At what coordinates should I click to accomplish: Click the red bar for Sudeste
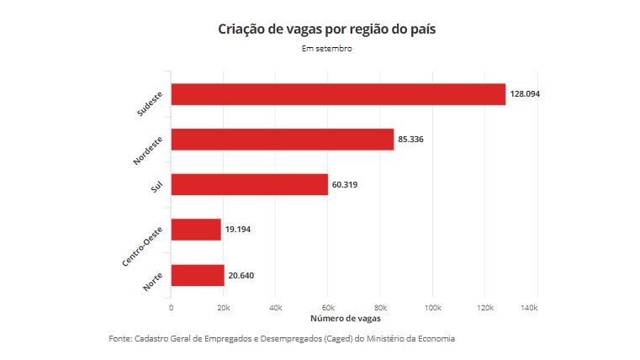click(337, 94)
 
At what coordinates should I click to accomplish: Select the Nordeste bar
click(282, 139)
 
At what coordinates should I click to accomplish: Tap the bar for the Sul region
click(249, 184)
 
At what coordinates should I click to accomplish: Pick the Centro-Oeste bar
click(195, 230)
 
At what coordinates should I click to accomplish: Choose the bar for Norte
click(198, 275)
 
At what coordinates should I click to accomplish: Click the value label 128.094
click(525, 94)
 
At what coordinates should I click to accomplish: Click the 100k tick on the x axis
click(432, 309)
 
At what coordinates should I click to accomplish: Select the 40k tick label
click(276, 309)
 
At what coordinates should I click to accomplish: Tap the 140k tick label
click(530, 309)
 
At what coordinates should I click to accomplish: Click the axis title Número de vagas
click(346, 320)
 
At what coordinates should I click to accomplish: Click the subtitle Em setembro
click(326, 49)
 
